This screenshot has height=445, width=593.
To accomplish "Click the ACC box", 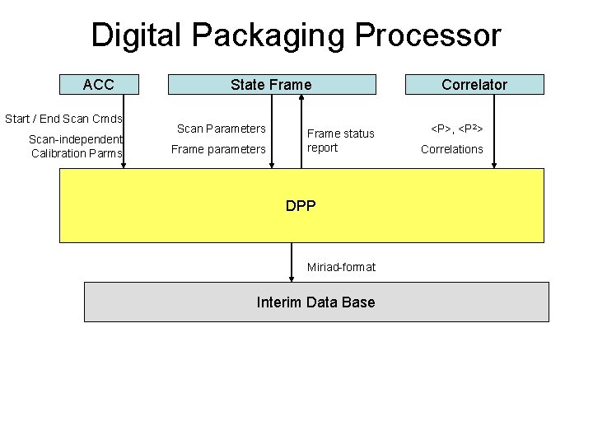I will [x=99, y=84].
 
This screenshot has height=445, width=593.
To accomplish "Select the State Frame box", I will [x=271, y=84].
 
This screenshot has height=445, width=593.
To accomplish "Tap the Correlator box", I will [x=474, y=84].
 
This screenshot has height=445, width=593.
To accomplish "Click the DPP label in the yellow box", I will [x=301, y=206].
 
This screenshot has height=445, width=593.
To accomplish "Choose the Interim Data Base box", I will [x=315, y=302].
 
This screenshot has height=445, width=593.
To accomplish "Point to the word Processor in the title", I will [x=429, y=35].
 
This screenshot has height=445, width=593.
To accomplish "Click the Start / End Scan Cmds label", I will [x=63, y=119].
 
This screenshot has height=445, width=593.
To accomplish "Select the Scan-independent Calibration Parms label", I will [x=76, y=147].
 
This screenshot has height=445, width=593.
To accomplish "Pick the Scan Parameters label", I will [x=222, y=129].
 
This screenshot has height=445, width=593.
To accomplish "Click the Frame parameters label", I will [x=218, y=149].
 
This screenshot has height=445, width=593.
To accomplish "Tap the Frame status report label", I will [x=340, y=140].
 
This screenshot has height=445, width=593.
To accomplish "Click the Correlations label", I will [x=452, y=149].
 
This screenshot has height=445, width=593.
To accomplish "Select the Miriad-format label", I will [x=341, y=267].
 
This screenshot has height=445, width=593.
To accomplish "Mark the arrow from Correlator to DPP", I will [x=494, y=132].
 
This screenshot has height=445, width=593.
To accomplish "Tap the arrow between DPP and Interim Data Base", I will [x=292, y=262].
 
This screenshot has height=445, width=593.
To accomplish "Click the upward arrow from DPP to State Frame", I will [x=301, y=132].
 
